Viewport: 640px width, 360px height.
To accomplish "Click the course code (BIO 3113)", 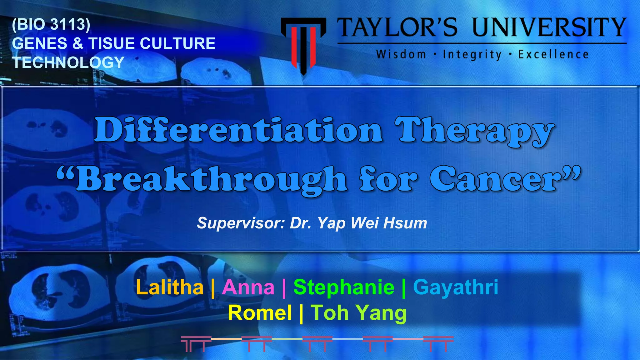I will tap(51, 24).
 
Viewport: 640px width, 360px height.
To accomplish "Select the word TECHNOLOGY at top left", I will tap(68, 62).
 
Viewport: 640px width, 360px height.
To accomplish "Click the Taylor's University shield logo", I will tap(303, 44).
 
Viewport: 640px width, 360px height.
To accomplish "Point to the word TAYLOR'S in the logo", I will tap(398, 27).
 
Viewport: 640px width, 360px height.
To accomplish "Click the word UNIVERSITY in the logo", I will tap(549, 27).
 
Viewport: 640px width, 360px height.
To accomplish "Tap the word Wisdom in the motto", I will tap(401, 55).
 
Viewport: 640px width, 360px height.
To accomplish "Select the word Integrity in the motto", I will tap(472, 55).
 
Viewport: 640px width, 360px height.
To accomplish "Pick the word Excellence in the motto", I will tap(553, 55).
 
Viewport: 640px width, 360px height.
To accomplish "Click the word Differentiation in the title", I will tap(239, 130).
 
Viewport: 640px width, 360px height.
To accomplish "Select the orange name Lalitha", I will tap(170, 287).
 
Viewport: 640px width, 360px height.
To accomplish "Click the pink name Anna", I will tap(248, 287).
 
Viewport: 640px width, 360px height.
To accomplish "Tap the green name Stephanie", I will tap(344, 287).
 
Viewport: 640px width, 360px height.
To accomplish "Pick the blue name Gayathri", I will tap(456, 287).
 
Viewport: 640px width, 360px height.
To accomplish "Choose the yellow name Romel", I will tap(260, 313).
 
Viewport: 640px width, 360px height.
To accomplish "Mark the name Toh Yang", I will tap(358, 313).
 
